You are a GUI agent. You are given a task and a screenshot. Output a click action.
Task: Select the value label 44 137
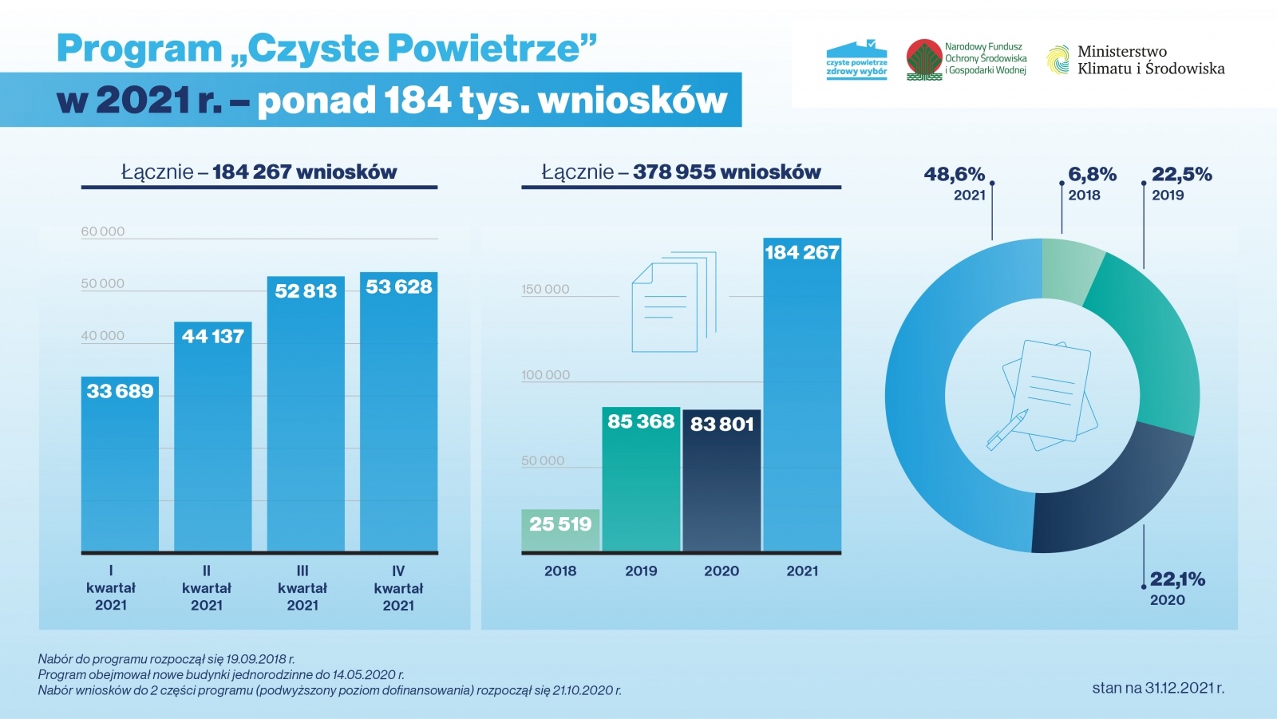[x=212, y=337]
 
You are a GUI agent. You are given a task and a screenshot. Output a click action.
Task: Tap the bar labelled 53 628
[x=398, y=415]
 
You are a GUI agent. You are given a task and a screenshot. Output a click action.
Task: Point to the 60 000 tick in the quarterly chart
[x=103, y=231]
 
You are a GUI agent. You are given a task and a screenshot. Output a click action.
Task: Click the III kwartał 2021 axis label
[x=302, y=588]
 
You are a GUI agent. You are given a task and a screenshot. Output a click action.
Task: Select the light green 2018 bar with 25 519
[x=560, y=530]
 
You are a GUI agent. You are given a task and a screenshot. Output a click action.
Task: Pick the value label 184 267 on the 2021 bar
[x=802, y=253]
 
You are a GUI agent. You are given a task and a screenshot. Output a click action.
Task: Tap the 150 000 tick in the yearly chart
[x=545, y=290]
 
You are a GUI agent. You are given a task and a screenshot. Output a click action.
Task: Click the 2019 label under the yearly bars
[x=641, y=571]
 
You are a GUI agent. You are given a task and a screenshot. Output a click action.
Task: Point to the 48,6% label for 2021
[x=955, y=175]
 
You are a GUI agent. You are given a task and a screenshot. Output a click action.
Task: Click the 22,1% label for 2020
[x=1177, y=579]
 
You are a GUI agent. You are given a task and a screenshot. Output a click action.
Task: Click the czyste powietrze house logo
[x=856, y=60]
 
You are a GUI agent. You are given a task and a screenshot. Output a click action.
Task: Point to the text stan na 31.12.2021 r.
[x=1158, y=688]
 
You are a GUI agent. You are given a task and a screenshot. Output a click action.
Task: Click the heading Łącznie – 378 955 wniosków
[x=681, y=172]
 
